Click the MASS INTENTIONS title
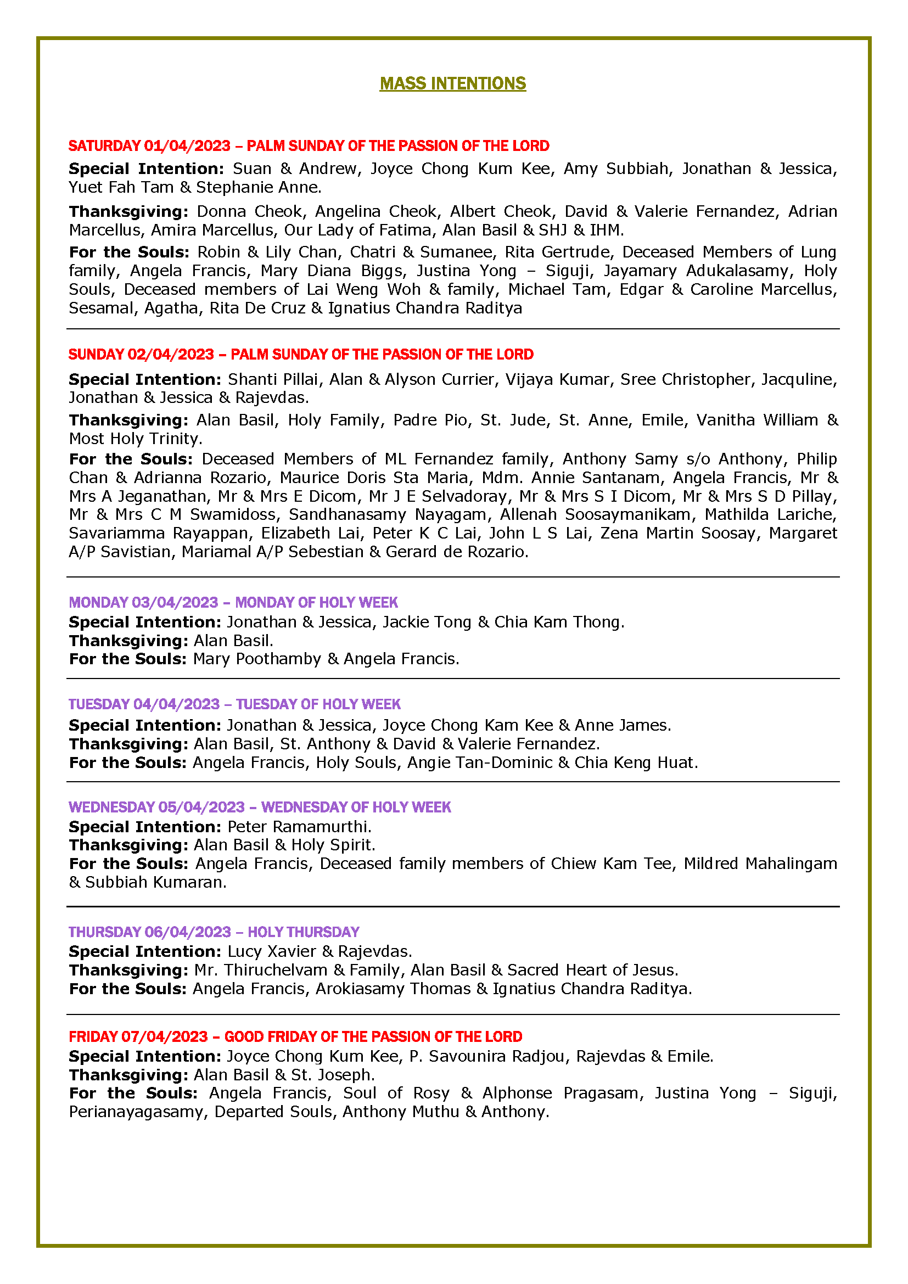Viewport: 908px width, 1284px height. point(452,83)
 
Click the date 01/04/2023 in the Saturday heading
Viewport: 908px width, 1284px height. point(187,146)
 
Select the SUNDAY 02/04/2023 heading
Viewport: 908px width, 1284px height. point(142,355)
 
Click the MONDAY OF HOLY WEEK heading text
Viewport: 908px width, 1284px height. point(316,602)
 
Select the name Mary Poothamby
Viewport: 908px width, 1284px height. point(256,659)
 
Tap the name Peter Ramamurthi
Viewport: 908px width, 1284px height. point(298,827)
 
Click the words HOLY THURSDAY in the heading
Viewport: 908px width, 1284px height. point(303,932)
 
